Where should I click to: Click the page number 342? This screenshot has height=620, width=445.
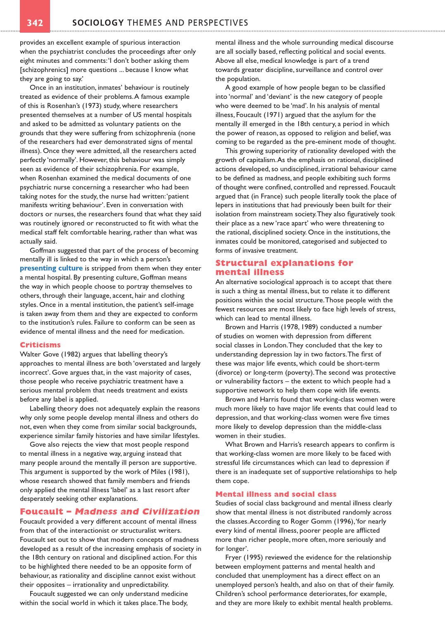[x=35, y=23]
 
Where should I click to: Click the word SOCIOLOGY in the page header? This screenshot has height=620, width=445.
[x=98, y=23]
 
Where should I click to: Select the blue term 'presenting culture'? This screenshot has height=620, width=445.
[x=51, y=268]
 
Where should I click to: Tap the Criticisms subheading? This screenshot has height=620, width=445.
[x=40, y=345]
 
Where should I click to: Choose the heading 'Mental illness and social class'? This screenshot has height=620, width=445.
[x=276, y=494]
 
